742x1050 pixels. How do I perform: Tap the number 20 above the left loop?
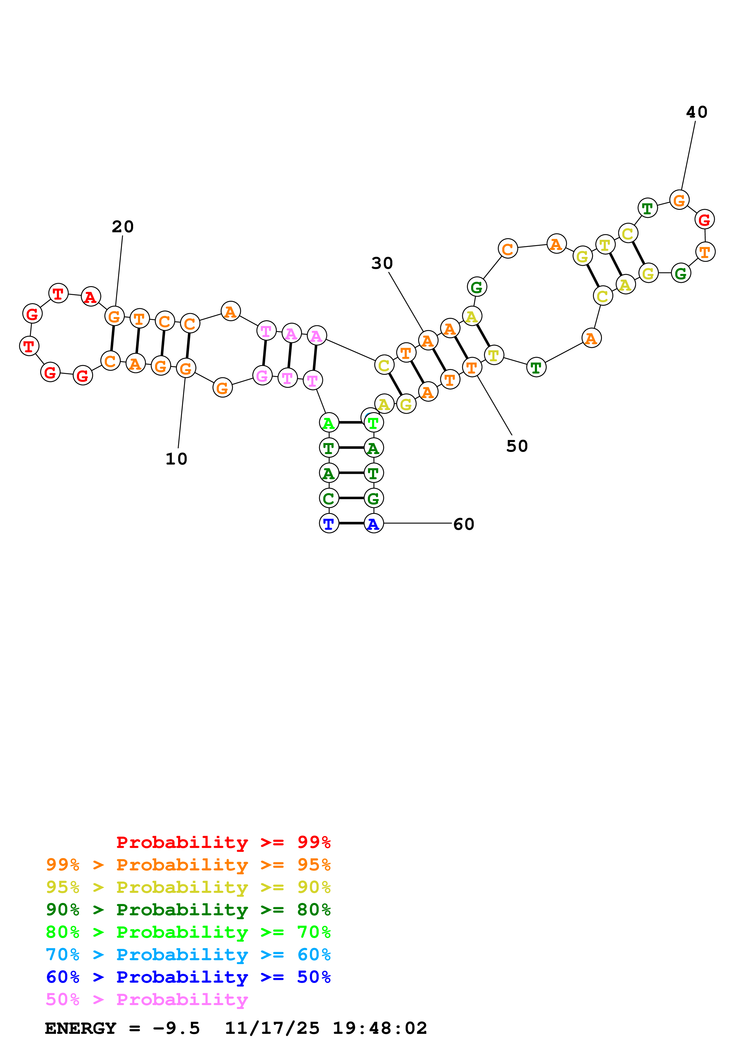[x=122, y=227]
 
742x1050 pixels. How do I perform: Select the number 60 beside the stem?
[x=464, y=524]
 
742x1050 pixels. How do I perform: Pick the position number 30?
[x=382, y=263]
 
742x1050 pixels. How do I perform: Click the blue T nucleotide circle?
[x=329, y=524]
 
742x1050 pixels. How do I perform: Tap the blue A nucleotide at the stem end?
[x=374, y=524]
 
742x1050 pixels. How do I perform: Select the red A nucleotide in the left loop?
[x=90, y=297]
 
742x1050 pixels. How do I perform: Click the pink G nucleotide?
[x=262, y=376]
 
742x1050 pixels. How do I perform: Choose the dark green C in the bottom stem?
[x=329, y=498]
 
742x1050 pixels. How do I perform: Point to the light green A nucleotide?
[x=329, y=423]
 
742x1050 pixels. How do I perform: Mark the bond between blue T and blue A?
[x=351, y=523]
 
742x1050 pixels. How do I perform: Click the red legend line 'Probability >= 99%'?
[x=223, y=842]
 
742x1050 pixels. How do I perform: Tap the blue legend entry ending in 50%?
[x=188, y=977]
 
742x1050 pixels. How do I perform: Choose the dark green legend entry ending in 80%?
[x=188, y=910]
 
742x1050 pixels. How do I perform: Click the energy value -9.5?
[x=176, y=1028]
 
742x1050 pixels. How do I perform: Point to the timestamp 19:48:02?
[x=380, y=1028]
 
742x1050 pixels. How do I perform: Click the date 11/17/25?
[x=272, y=1028]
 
